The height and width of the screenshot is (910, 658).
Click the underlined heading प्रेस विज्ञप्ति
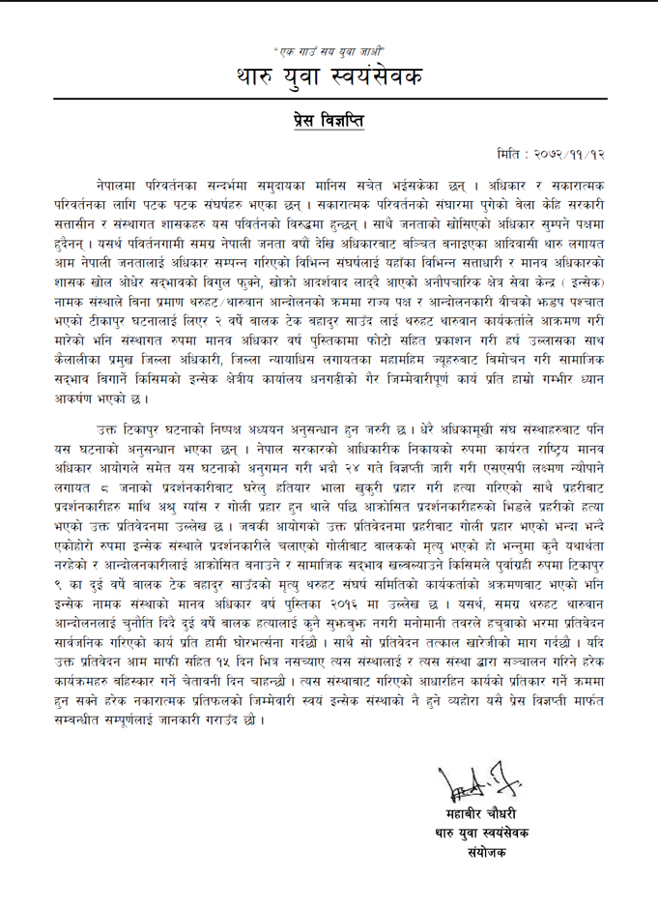[329, 121]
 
